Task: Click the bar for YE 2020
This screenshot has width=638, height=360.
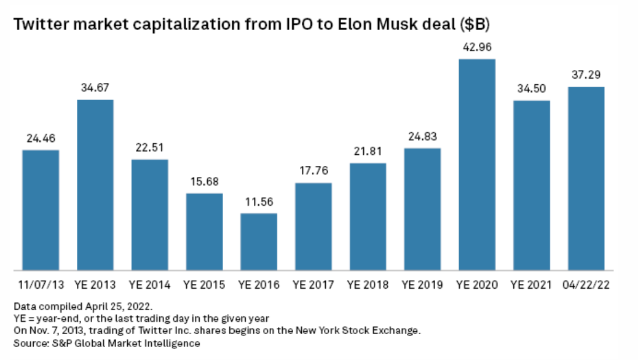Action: (x=477, y=165)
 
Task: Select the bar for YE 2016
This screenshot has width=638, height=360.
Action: (x=259, y=241)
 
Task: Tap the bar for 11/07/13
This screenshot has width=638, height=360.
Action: (x=41, y=209)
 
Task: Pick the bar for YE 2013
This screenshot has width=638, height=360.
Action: (x=95, y=184)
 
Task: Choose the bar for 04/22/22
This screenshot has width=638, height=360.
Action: (x=586, y=178)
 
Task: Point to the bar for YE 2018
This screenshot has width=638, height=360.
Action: (x=368, y=216)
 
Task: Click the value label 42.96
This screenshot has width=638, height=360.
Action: (x=477, y=47)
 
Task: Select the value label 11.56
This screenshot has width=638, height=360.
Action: (x=259, y=202)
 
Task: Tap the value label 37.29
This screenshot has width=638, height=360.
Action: (x=586, y=75)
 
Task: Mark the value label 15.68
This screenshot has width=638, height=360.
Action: (x=204, y=182)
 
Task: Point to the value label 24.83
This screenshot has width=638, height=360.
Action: (x=422, y=136)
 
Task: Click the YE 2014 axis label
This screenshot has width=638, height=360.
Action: (x=149, y=285)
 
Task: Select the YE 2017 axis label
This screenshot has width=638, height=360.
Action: (x=313, y=285)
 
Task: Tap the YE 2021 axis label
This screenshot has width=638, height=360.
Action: (x=531, y=285)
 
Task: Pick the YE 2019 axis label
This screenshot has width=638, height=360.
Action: (x=422, y=285)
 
